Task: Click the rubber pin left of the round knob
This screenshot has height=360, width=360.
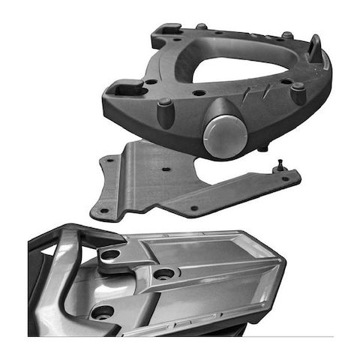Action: tap(164, 112)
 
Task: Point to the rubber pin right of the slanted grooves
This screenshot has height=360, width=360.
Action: tap(298, 94)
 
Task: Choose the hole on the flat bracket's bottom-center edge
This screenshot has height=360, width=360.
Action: tap(193, 208)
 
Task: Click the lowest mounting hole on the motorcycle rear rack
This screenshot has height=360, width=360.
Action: tap(103, 310)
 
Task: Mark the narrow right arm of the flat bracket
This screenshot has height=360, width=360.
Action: tap(262, 186)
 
